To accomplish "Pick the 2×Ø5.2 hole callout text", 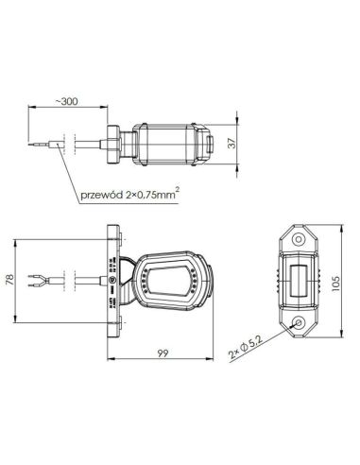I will [240, 354].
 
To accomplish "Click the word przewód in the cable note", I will [102, 197].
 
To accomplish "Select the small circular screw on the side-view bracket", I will [115, 281].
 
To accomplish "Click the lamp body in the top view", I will [170, 144].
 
